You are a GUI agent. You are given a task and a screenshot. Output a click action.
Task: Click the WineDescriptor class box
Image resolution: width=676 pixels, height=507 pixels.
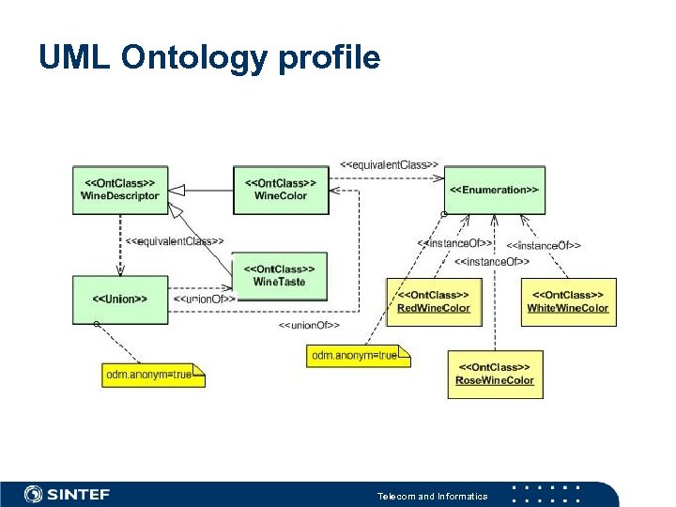click(x=120, y=190)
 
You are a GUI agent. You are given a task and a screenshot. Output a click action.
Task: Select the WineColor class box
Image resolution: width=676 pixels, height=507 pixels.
click(x=280, y=190)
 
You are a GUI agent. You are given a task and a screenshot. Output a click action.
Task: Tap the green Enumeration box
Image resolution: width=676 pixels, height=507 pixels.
click(x=494, y=190)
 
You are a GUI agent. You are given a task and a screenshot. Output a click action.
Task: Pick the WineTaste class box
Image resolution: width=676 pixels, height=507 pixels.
click(x=279, y=275)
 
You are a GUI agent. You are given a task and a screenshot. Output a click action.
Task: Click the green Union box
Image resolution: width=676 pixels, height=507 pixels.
click(x=120, y=300)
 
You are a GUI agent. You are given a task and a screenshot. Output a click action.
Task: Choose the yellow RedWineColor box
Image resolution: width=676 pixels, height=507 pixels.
click(x=434, y=301)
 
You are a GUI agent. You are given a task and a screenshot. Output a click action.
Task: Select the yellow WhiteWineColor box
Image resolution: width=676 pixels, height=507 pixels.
click(x=568, y=301)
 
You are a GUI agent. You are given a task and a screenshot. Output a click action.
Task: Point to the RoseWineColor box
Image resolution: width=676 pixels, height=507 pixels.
click(x=495, y=374)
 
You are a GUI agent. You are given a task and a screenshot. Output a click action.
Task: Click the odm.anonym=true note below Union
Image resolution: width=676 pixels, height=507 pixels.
click(x=152, y=375)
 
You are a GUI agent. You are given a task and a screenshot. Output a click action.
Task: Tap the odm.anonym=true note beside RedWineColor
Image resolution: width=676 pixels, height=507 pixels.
click(x=358, y=356)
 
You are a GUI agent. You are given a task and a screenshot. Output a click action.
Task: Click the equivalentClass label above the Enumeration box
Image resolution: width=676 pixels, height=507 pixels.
click(x=389, y=164)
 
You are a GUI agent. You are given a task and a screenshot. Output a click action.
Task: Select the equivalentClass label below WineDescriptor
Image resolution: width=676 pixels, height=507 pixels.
click(x=175, y=241)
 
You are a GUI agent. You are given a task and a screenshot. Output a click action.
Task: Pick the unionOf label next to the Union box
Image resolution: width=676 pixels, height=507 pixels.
click(x=204, y=300)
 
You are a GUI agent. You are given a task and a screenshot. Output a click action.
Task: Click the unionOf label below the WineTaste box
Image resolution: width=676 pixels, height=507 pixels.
click(x=309, y=325)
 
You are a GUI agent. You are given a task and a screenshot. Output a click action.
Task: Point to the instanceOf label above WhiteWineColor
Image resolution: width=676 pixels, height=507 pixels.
click(x=544, y=245)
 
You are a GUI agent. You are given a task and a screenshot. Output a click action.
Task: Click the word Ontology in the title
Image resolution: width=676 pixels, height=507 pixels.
click(x=194, y=58)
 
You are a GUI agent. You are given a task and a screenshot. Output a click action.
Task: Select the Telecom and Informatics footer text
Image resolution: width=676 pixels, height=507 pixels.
click(x=432, y=496)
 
